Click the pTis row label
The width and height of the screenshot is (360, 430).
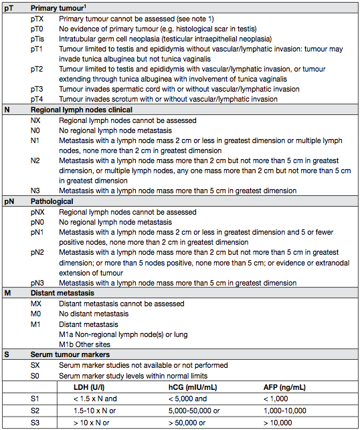point(38,39)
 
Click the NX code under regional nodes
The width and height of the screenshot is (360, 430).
point(36,120)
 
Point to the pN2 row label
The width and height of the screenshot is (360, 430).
point(38,252)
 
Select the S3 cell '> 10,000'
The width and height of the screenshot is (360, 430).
point(280,422)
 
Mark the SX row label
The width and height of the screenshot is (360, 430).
point(36,365)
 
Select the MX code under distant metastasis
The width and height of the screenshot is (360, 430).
point(36,304)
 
